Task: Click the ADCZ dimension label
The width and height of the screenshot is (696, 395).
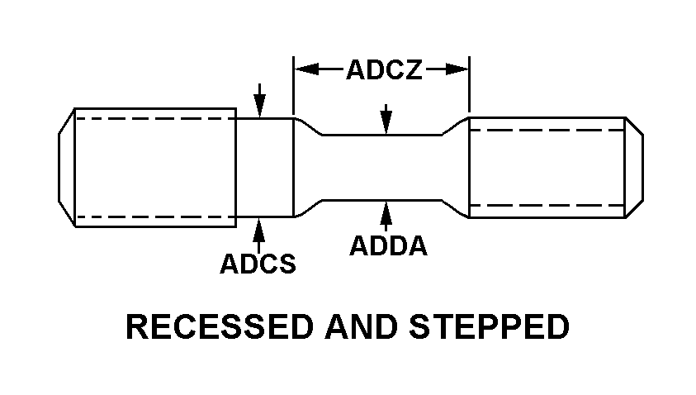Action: tap(383, 70)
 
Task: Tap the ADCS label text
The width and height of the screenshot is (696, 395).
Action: tap(258, 264)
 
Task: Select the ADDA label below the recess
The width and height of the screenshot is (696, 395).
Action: tap(388, 245)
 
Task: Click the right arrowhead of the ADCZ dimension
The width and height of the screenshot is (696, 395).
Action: tap(459, 70)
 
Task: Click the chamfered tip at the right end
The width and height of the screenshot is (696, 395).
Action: tap(634, 167)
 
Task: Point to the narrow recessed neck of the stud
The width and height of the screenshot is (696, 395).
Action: tap(383, 167)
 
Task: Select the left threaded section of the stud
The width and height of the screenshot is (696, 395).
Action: tap(155, 167)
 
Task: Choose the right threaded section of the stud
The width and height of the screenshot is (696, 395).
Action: tap(545, 167)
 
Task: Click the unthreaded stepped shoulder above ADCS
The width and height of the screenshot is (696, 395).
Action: tap(265, 167)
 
